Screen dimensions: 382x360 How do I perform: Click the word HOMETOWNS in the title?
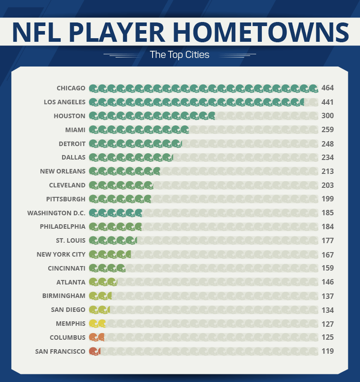tap(261, 31)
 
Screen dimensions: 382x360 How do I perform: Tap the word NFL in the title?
tap(38, 31)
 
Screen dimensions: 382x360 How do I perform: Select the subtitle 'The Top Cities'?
tap(180, 55)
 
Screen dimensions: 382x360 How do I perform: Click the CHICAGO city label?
tap(71, 88)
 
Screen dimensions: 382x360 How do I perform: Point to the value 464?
tap(328, 88)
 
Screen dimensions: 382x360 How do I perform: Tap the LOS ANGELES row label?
tap(64, 102)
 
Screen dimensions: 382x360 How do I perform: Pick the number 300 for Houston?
tap(328, 116)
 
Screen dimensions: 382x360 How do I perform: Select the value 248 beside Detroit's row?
tap(328, 144)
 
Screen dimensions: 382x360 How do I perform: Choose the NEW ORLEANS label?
tap(63, 171)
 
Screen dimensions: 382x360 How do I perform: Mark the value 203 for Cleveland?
tap(328, 185)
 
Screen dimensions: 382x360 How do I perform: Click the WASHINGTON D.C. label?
tap(56, 213)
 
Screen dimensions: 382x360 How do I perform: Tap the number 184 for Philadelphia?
tap(328, 227)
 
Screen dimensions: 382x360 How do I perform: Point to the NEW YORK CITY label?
tap(61, 254)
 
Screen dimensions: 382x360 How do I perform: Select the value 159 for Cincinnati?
tap(328, 268)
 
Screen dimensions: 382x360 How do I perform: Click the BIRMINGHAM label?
tap(63, 296)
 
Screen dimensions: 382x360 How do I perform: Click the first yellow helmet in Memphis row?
tap(93, 324)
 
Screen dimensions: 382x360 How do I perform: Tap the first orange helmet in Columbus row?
tap(93, 338)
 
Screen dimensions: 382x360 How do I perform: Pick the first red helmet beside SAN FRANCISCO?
tap(93, 351)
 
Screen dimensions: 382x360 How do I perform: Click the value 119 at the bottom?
tap(328, 351)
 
